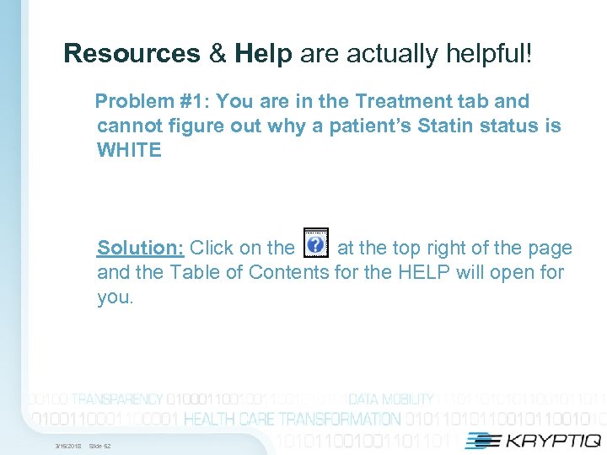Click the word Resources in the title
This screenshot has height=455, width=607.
point(132,54)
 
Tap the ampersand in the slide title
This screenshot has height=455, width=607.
point(218,54)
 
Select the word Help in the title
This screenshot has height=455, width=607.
point(263,54)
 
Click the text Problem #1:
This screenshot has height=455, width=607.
point(153,102)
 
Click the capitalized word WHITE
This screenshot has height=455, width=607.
point(129,151)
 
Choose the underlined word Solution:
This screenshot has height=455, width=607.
point(140,248)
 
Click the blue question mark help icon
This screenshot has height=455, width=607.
point(315,245)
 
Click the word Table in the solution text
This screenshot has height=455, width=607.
point(194,272)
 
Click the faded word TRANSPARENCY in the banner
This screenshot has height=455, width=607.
point(118,399)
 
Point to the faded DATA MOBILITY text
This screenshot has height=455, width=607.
point(391,399)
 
